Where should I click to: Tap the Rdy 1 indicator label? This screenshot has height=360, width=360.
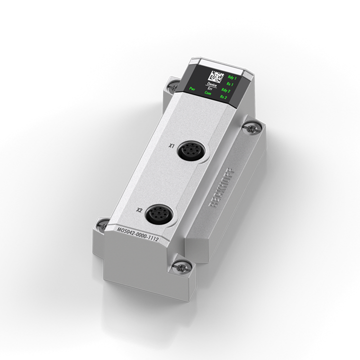coord(231,77)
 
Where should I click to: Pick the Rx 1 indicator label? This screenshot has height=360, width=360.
coord(231,84)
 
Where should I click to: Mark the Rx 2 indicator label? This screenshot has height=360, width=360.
coord(223,97)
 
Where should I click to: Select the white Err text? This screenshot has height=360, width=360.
coord(209,89)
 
